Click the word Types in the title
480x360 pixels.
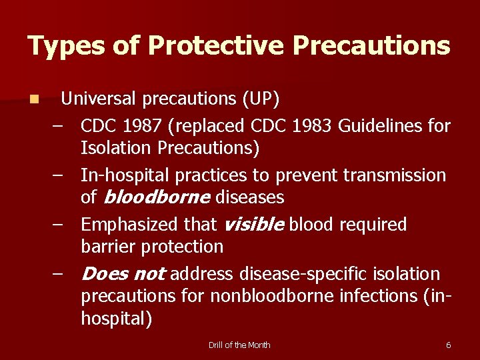pyautogui.click(x=65, y=46)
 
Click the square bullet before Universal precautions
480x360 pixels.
pyautogui.click(x=33, y=100)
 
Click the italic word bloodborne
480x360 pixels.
pyautogui.click(x=155, y=197)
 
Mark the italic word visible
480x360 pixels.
pyautogui.click(x=255, y=225)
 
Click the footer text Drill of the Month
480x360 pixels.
pyautogui.click(x=239, y=345)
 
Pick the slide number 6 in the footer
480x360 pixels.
pyautogui.click(x=448, y=345)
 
